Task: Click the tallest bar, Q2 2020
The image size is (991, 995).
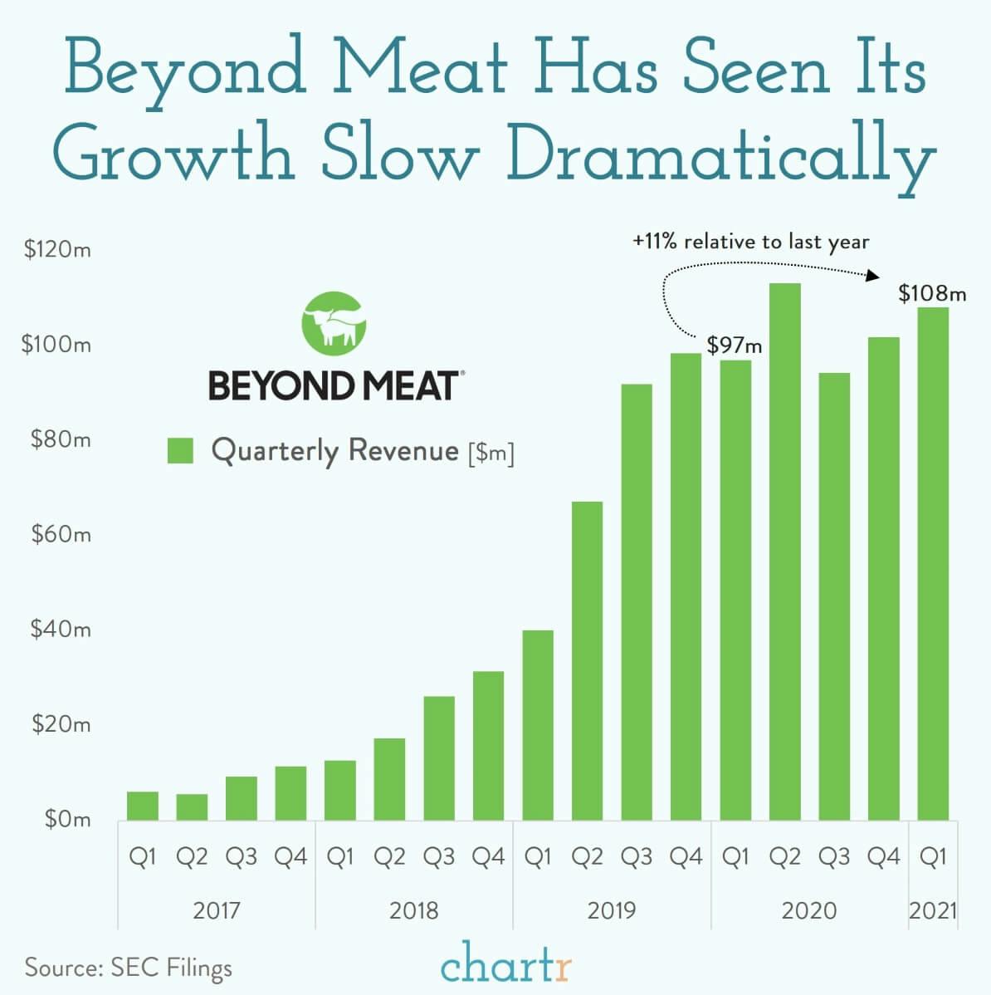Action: tap(784, 551)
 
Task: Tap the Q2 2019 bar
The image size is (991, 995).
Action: tap(587, 660)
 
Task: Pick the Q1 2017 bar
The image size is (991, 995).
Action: tap(143, 806)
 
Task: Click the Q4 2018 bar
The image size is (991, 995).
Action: tap(488, 745)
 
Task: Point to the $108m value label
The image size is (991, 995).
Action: tap(932, 293)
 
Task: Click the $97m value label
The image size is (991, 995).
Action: tap(734, 345)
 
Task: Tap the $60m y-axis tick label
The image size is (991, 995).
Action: tap(61, 534)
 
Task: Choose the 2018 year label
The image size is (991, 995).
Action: tap(413, 910)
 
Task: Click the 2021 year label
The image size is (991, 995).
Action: tap(933, 910)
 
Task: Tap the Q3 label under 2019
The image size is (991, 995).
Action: tap(637, 856)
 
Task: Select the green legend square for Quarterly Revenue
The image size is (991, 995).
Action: tap(180, 451)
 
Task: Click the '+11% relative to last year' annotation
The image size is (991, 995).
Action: tap(750, 242)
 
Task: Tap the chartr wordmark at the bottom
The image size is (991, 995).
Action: tap(506, 966)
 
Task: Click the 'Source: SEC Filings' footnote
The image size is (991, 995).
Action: tap(129, 967)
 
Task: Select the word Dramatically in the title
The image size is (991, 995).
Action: tap(721, 154)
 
